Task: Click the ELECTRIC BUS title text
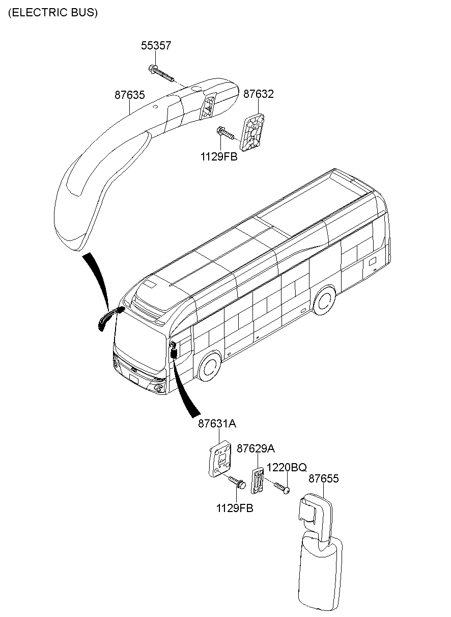pyautogui.click(x=52, y=13)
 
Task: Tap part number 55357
pyautogui.click(x=156, y=45)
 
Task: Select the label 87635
pyautogui.click(x=130, y=95)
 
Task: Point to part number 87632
pyautogui.click(x=259, y=94)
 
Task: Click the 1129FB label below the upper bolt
pyautogui.click(x=219, y=157)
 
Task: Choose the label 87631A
pyautogui.click(x=217, y=424)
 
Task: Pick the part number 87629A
pyautogui.click(x=256, y=449)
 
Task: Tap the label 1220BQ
pyautogui.click(x=287, y=467)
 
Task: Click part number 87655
pyautogui.click(x=323, y=479)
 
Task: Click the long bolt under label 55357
pyautogui.click(x=161, y=73)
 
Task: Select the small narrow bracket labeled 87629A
pyautogui.click(x=257, y=480)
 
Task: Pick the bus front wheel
pyautogui.click(x=210, y=366)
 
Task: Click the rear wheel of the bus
pyautogui.click(x=325, y=300)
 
